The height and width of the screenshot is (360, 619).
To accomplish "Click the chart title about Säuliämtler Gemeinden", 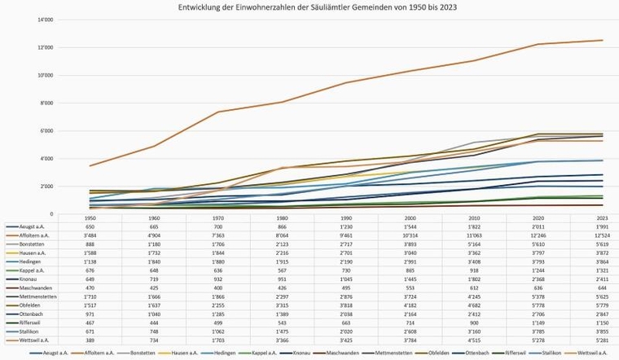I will pos(309,7).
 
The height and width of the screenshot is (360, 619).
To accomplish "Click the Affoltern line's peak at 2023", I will pos(603,40).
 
